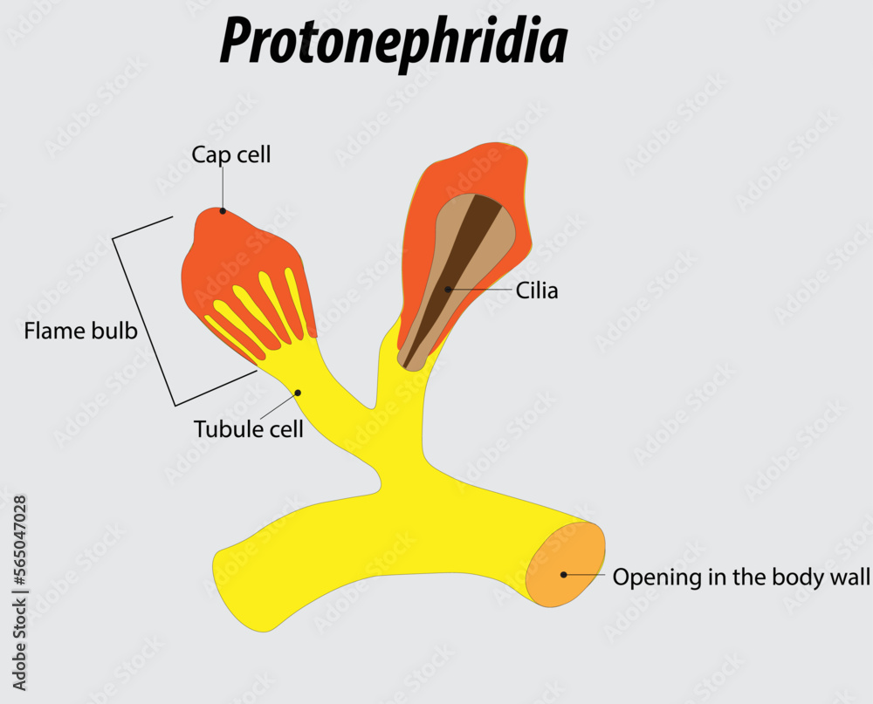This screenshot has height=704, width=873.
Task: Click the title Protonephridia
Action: coord(394,41)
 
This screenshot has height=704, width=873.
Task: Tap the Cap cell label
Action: coord(231,155)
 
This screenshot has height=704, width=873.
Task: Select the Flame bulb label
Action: coord(80,331)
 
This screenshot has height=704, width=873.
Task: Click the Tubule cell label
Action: coord(249,429)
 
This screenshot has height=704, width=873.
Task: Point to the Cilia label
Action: coord(537,290)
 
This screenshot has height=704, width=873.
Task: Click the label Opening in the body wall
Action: coord(741,577)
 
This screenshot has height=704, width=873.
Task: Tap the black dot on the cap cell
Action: coord(223,210)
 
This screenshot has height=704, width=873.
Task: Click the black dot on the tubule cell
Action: coord(298,393)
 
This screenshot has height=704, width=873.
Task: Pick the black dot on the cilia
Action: coord(448,289)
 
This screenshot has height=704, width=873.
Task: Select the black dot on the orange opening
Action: coord(564,574)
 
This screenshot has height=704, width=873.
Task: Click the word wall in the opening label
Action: coord(850,577)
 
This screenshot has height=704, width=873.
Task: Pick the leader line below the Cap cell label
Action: coord(223,187)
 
